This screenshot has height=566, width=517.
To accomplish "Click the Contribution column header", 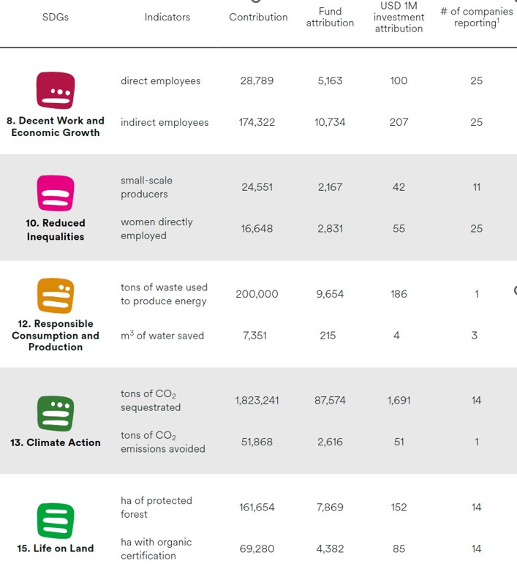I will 258,17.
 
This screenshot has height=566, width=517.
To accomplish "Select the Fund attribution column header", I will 330,17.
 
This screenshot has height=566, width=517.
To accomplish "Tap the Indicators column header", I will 167,17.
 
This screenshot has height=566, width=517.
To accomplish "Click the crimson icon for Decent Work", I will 56,91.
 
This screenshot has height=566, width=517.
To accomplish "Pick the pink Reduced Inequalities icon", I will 56,193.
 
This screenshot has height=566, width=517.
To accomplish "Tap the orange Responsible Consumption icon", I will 56,295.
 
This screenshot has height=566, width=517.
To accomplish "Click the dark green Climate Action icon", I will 56,413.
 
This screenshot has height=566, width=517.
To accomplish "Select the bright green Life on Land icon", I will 56,520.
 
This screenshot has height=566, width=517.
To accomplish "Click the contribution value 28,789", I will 257,80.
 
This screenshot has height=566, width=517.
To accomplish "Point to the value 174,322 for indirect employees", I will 257,122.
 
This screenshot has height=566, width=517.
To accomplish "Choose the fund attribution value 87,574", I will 330,400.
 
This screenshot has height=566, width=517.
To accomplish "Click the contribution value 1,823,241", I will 257,400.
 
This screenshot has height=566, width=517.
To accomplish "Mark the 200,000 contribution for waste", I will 257,294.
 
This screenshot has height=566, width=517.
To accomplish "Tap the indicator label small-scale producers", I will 146,187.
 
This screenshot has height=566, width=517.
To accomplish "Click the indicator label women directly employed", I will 156,228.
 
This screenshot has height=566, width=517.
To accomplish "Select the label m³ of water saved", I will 162,336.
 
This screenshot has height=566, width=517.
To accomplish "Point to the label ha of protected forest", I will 156,507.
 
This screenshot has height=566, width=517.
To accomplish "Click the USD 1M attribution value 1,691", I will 399,400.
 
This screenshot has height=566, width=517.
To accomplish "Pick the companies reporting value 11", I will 476,186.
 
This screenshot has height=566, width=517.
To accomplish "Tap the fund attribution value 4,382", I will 330,548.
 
